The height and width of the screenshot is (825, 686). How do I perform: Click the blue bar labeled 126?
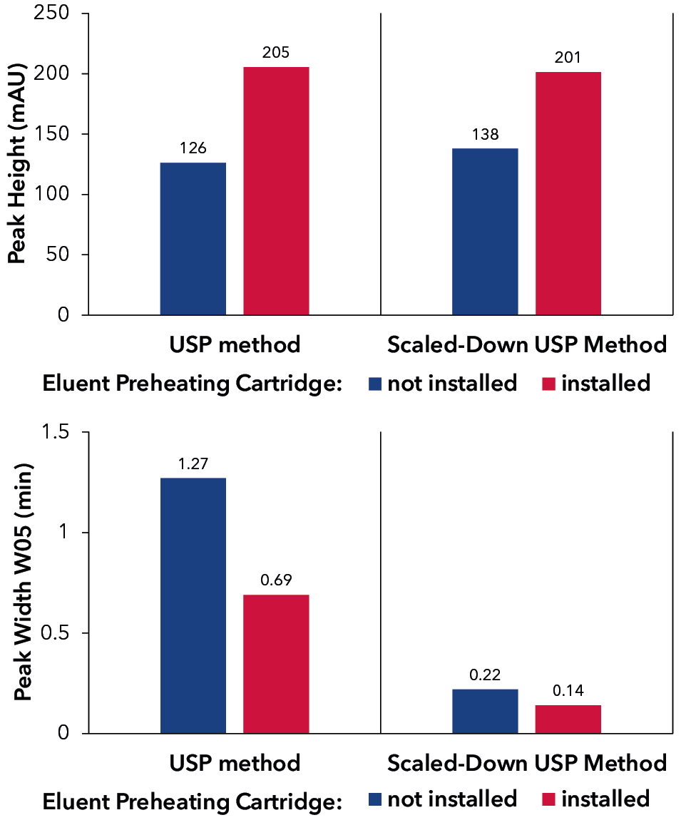point(193,239)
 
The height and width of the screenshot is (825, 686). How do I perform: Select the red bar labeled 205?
point(276,191)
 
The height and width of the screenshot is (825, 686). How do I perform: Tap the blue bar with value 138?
point(485,232)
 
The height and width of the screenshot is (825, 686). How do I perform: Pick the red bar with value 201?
point(568,193)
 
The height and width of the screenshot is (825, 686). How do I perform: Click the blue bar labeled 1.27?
point(193,605)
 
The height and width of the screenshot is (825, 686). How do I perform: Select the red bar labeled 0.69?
point(276,664)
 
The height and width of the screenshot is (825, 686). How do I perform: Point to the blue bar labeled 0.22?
point(485,711)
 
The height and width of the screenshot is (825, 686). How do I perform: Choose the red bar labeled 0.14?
point(568,719)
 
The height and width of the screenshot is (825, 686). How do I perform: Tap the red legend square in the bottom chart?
point(548,799)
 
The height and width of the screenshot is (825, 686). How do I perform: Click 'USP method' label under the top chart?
point(235,345)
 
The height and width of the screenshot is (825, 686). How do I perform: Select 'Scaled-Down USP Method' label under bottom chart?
point(526,763)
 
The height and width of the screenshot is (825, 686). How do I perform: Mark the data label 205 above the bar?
point(276,53)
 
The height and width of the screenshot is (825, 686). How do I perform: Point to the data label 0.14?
point(568,691)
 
